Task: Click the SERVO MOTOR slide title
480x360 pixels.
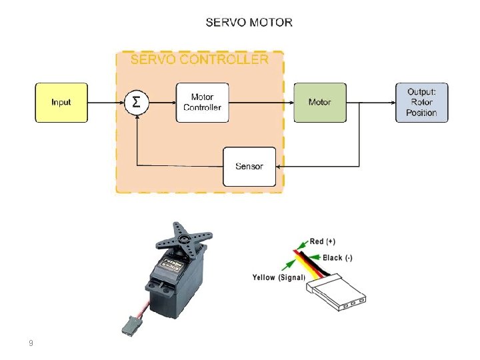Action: pyautogui.click(x=249, y=22)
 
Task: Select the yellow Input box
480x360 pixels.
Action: pyautogui.click(x=61, y=102)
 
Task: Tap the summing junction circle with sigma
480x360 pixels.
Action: pyautogui.click(x=137, y=102)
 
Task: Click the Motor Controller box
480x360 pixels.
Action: pyautogui.click(x=203, y=102)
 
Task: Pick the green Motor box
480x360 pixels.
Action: pyautogui.click(x=320, y=102)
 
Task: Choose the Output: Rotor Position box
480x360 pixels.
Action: pyautogui.click(x=421, y=102)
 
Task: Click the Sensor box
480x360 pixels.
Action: pyautogui.click(x=249, y=166)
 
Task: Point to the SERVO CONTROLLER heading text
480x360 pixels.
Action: pyautogui.click(x=199, y=59)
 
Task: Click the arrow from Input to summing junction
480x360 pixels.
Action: pyautogui.click(x=107, y=102)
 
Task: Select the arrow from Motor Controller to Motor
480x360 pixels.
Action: pyautogui.click(x=261, y=102)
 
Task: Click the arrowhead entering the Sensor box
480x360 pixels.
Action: pyautogui.click(x=280, y=166)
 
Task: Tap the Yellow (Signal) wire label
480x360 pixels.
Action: pyautogui.click(x=278, y=277)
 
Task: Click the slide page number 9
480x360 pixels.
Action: pyautogui.click(x=31, y=343)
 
